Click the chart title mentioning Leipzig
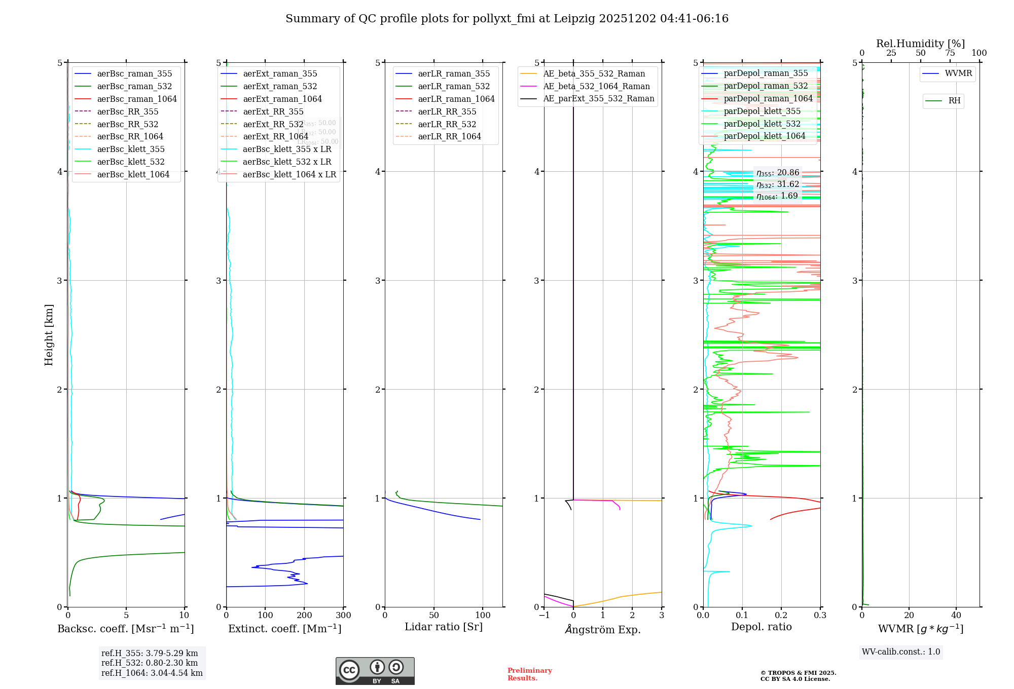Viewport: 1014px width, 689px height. click(x=506, y=19)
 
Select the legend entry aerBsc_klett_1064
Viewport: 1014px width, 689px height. click(x=133, y=175)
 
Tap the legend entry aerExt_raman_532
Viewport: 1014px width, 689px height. click(x=280, y=87)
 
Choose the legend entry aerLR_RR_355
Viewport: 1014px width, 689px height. click(x=447, y=112)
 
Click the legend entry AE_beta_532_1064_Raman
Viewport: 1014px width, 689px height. click(x=596, y=87)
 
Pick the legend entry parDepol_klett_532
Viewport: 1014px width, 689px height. click(x=762, y=124)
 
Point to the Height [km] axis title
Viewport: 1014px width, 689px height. click(x=49, y=335)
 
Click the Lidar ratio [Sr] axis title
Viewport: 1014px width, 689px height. click(x=444, y=627)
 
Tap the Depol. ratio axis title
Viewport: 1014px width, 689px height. click(x=761, y=627)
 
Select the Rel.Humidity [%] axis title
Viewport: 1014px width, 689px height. click(x=920, y=44)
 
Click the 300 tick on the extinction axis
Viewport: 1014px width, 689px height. click(x=343, y=616)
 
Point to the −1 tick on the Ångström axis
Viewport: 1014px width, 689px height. click(x=544, y=616)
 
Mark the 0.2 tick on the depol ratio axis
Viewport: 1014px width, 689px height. click(x=781, y=616)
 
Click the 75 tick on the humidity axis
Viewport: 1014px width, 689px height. click(x=950, y=53)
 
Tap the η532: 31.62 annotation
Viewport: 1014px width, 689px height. click(x=778, y=184)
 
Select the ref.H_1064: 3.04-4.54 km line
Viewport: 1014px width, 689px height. click(x=152, y=673)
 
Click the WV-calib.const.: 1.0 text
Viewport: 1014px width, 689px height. click(x=901, y=652)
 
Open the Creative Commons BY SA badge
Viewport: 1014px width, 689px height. click(x=375, y=671)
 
